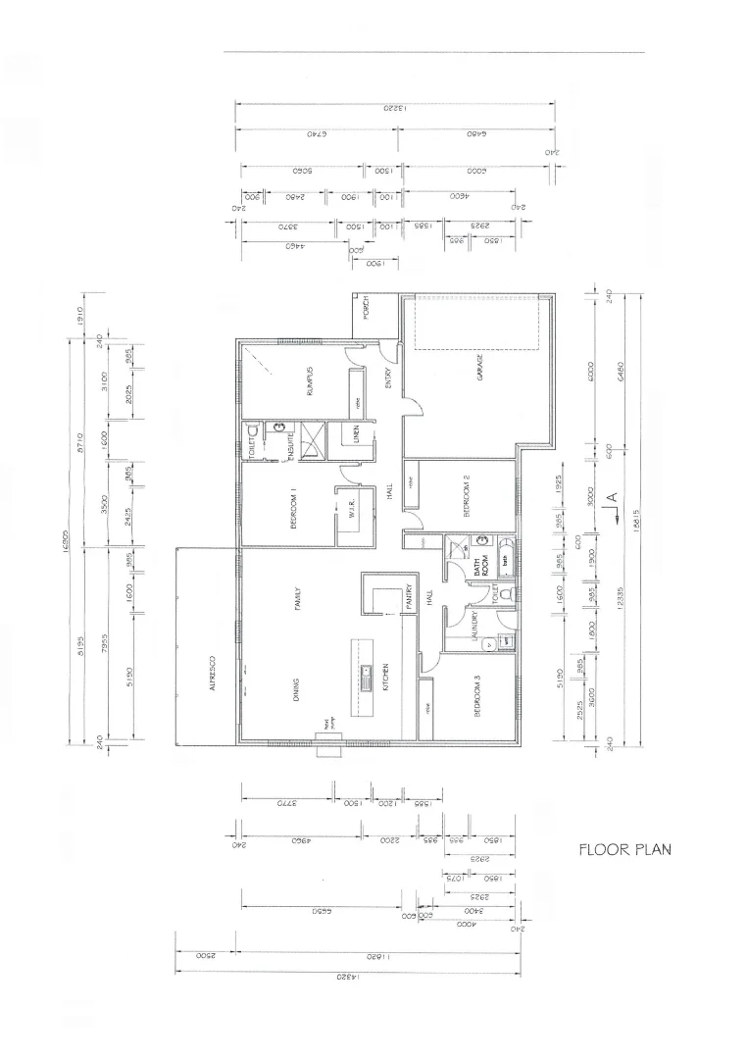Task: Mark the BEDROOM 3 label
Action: pos(478,698)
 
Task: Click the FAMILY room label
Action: pos(295,599)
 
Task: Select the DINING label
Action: pos(295,692)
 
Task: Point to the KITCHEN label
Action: pos(385,675)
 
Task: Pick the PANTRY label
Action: pos(409,598)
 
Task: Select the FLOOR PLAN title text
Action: pos(624,849)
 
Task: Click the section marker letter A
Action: pos(611,499)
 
